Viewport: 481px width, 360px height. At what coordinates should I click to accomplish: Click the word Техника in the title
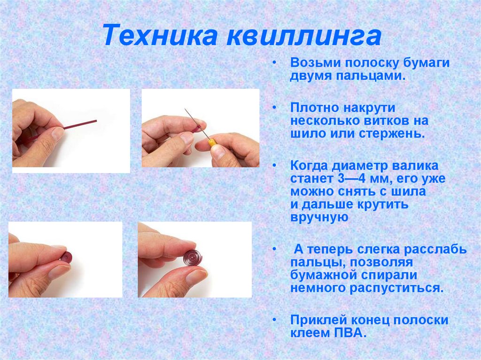[160, 37]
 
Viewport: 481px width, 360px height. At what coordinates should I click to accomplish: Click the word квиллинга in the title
[303, 37]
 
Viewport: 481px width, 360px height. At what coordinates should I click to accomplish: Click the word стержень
[392, 133]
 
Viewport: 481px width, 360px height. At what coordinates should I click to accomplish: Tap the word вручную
[319, 217]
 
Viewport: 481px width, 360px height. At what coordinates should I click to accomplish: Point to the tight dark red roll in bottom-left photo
[66, 257]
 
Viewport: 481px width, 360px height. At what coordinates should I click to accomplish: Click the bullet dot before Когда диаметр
[275, 166]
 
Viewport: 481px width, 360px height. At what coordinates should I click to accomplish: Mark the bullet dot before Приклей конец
[275, 321]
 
